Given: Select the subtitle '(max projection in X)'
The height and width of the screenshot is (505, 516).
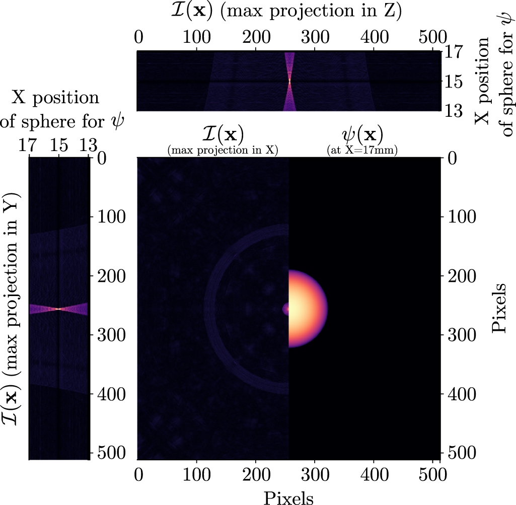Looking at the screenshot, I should (x=223, y=150).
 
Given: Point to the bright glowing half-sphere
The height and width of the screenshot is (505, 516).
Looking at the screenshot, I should (x=305, y=308).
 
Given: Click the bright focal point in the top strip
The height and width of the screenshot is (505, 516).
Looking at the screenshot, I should (x=289, y=80).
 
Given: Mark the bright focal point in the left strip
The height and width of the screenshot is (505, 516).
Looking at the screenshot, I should (x=59, y=309).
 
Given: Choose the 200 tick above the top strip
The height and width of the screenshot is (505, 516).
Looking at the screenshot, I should (x=255, y=38).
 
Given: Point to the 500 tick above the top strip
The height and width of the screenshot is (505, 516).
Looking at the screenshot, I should (x=433, y=38).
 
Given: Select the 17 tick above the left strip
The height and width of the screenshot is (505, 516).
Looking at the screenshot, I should (x=30, y=146).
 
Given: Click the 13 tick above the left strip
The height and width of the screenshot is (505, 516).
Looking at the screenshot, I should (x=88, y=146).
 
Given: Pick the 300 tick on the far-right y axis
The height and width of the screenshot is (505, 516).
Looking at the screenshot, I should (x=460, y=335).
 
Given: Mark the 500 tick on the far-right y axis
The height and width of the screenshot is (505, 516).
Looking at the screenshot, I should (x=460, y=453).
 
